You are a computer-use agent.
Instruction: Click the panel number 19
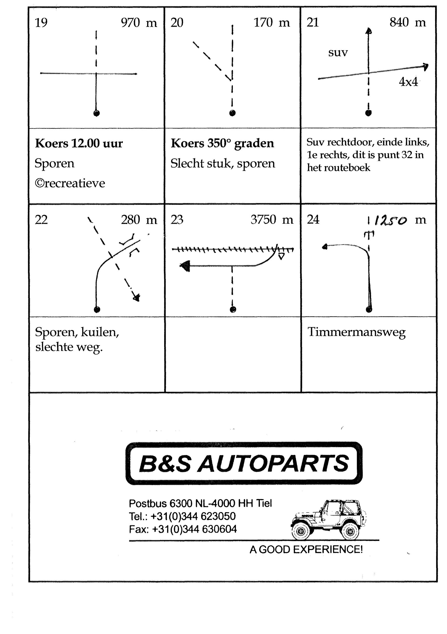41,23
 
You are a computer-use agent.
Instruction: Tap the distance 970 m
139,23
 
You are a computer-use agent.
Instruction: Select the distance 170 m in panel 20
272,23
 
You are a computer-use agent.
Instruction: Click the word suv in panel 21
338,52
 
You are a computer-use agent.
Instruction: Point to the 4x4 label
408,82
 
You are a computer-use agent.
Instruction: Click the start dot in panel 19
96,113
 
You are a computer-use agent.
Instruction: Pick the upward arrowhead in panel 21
369,31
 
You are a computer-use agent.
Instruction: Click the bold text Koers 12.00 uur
79,144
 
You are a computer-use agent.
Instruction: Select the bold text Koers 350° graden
222,144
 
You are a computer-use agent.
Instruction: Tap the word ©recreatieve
70,183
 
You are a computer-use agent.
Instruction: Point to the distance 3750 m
272,220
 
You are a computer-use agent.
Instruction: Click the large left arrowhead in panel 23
185,266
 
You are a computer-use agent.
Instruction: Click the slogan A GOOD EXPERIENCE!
306,550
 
